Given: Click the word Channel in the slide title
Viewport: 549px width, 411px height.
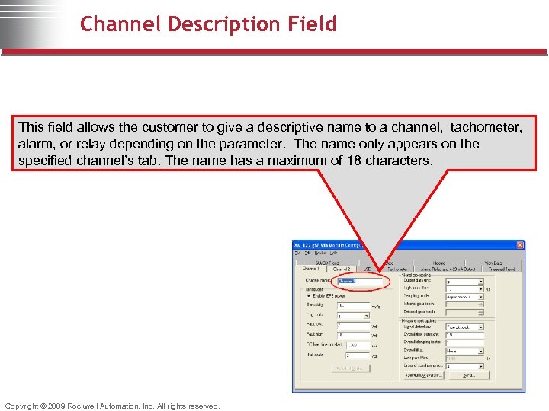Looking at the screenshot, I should click(x=114, y=24).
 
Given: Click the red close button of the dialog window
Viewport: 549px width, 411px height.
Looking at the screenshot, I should click(x=520, y=245).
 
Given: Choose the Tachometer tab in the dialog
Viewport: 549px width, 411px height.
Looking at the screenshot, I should click(x=396, y=269).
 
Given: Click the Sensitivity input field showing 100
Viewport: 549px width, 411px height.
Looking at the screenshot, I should click(x=352, y=305).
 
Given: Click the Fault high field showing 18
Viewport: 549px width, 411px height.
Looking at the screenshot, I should click(x=352, y=335).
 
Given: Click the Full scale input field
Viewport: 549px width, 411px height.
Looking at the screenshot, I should click(x=352, y=355).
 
